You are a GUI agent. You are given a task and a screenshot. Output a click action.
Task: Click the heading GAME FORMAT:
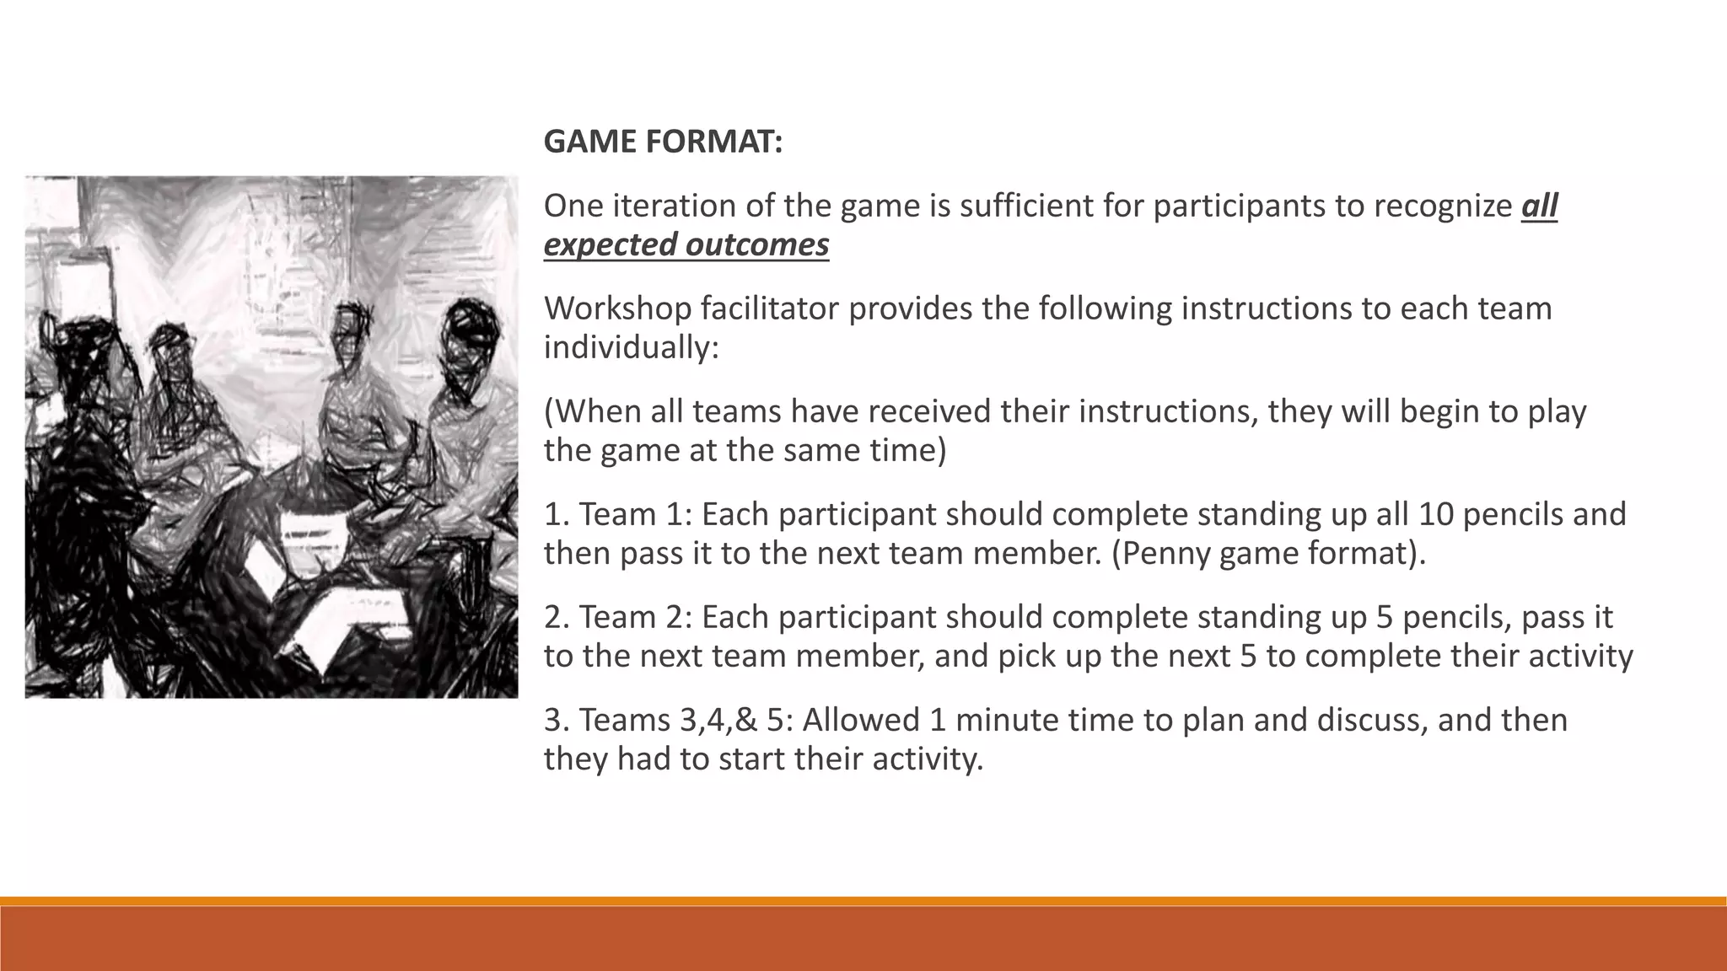[663, 142]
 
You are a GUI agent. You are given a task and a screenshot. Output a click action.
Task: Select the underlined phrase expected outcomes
[686, 244]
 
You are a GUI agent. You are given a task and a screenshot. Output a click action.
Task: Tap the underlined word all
[1539, 206]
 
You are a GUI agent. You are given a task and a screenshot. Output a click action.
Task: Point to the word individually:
[631, 347]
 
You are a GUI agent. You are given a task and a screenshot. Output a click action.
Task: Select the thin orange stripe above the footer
[863, 901]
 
